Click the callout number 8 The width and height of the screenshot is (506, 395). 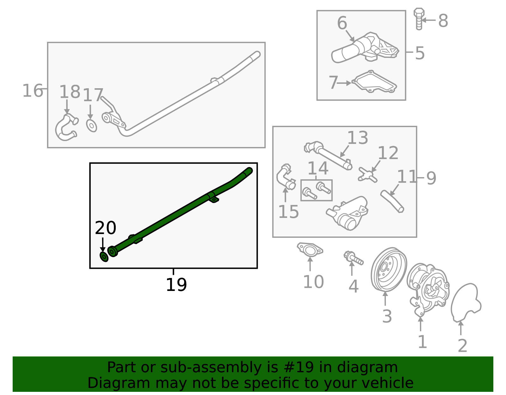(443, 21)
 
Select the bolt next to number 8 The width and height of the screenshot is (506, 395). (419, 19)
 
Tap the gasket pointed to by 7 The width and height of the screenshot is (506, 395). (374, 82)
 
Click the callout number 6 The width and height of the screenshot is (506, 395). (342, 23)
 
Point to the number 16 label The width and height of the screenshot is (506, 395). (33, 90)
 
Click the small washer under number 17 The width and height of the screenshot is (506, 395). (91, 126)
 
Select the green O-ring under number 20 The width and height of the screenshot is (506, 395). (104, 257)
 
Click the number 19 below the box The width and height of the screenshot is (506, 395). (176, 285)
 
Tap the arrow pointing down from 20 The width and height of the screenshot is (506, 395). (102, 245)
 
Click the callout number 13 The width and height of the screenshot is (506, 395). (358, 138)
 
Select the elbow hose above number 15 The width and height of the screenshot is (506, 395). (286, 177)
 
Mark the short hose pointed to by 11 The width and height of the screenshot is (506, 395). (392, 201)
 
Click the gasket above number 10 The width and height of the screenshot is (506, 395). (310, 250)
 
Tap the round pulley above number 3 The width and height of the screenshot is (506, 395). (389, 269)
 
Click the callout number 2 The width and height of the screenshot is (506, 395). (462, 346)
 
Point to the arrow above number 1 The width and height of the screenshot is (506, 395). (421, 324)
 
